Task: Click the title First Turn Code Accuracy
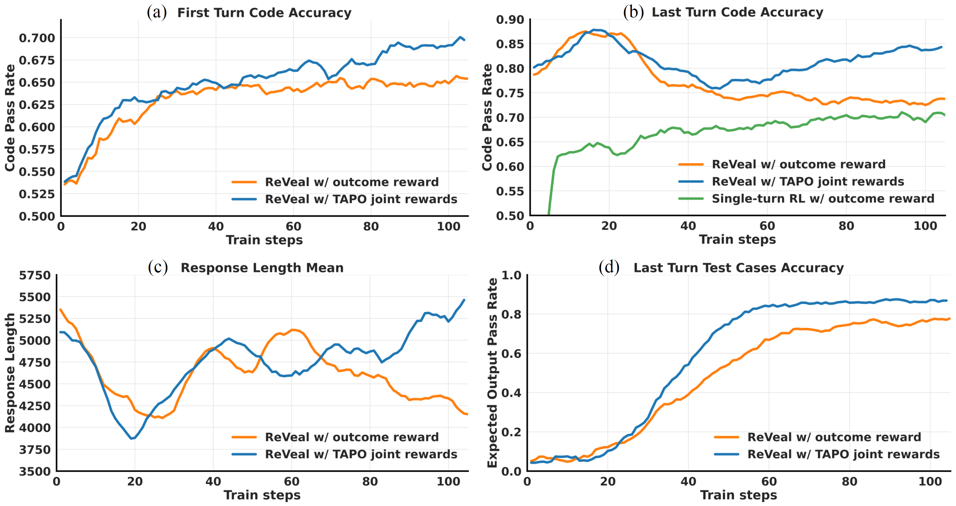[x=264, y=13]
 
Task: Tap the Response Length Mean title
[x=262, y=268]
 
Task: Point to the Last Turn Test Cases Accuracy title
[x=739, y=268]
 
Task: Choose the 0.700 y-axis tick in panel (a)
[x=37, y=38]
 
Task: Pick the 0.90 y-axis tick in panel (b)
[x=510, y=19]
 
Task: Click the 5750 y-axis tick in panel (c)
[x=35, y=275]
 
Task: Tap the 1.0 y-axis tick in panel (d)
[x=511, y=275]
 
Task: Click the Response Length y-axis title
[x=10, y=373]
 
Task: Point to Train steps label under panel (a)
[x=264, y=240]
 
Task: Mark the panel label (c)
[x=158, y=267]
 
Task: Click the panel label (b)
[x=633, y=12]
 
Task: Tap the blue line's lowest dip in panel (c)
[x=132, y=439]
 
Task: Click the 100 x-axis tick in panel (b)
[x=925, y=226]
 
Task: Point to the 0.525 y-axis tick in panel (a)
[x=37, y=194]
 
